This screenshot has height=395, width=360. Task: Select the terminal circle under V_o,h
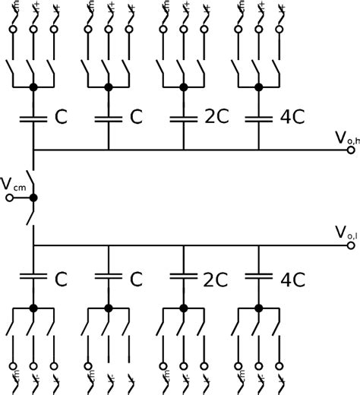(x=351, y=150)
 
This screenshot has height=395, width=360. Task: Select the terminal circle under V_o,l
(x=351, y=245)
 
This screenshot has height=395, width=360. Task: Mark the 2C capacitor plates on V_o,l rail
(x=183, y=276)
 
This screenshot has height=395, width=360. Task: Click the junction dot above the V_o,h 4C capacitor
(x=258, y=88)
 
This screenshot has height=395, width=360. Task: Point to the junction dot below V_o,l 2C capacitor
(x=183, y=308)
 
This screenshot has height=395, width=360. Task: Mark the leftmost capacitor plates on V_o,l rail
(x=33, y=276)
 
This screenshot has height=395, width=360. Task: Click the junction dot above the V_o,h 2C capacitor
(x=183, y=88)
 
